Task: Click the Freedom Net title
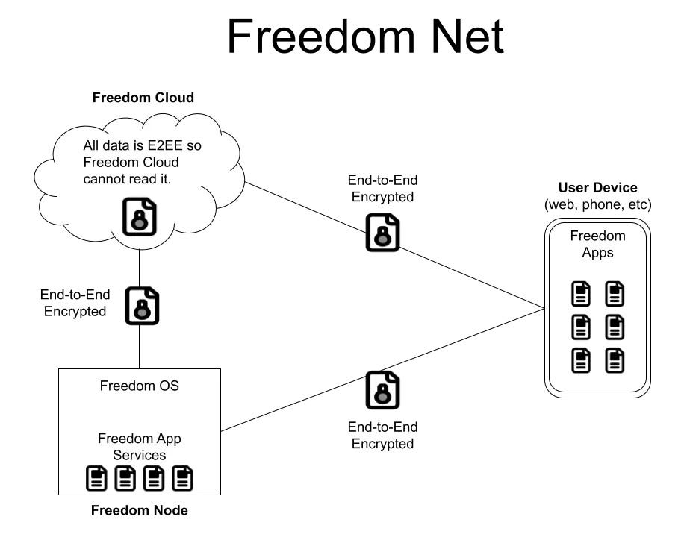[365, 37]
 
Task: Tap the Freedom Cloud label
[143, 98]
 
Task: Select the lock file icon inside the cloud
[139, 216]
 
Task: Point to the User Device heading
[598, 188]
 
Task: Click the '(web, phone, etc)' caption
[598, 204]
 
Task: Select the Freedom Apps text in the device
[597, 244]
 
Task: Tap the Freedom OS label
[139, 386]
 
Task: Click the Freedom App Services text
[139, 446]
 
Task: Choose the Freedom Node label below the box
[139, 511]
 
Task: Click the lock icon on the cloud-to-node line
[142, 305]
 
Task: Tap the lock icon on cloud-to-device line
[382, 232]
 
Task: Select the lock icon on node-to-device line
[382, 389]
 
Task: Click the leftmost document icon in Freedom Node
[96, 477]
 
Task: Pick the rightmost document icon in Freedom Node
[182, 477]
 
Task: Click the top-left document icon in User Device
[582, 294]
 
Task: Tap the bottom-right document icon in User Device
[615, 360]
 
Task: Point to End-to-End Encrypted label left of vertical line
[74, 303]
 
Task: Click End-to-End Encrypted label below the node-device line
[382, 435]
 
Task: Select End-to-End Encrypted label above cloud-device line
[382, 189]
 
